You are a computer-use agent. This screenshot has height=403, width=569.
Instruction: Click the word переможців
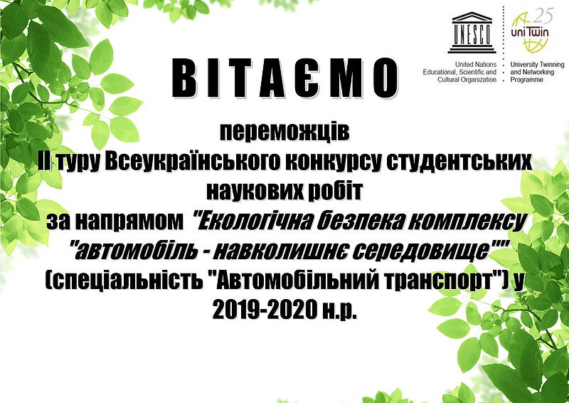(x=284, y=133)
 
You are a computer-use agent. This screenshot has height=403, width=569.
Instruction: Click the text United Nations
(x=476, y=65)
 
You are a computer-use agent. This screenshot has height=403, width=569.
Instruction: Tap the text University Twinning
(x=537, y=65)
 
